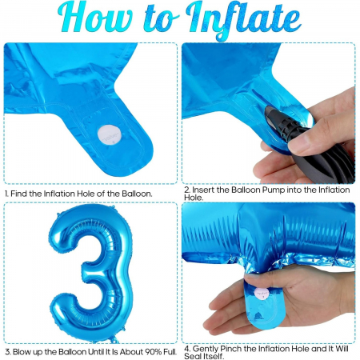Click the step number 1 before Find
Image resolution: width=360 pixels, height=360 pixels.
[6, 194]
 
